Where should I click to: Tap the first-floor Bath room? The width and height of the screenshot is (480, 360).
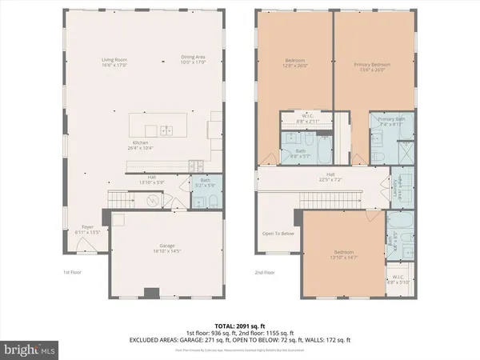(205, 189)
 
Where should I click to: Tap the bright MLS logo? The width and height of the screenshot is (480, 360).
(30, 350)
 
